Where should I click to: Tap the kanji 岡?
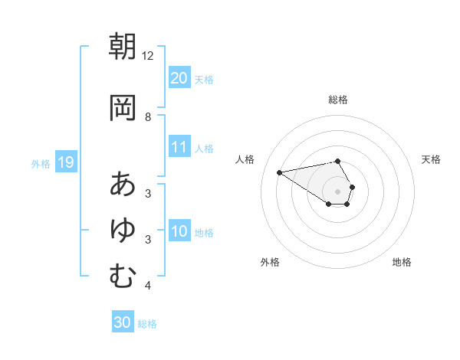click(123, 108)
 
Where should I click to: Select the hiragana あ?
click(123, 184)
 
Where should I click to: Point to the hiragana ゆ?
click(123, 230)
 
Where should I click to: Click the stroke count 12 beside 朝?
click(148, 56)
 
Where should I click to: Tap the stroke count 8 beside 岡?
click(148, 117)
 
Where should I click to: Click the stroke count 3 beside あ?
click(148, 193)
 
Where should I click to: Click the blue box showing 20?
click(179, 78)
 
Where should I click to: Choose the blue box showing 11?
click(179, 147)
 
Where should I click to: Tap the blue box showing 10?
click(179, 231)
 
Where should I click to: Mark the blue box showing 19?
click(65, 162)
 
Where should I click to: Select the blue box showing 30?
click(123, 322)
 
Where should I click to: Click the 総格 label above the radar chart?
click(338, 100)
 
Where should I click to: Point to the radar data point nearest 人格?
click(280, 172)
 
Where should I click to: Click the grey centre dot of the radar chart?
click(338, 191)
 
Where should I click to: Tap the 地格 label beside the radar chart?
click(402, 262)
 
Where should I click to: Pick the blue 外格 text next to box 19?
click(41, 163)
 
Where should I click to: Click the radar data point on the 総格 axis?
click(338, 161)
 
